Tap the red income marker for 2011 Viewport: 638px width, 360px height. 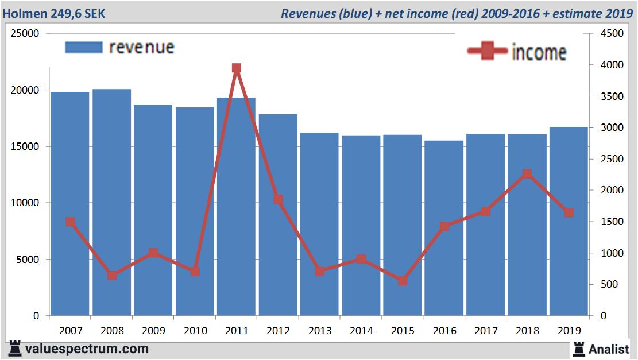click(237, 68)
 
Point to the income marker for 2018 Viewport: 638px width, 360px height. click(527, 174)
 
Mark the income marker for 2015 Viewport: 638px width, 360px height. click(403, 281)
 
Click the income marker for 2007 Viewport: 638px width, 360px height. click(70, 222)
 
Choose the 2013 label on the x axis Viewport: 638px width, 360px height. click(320, 331)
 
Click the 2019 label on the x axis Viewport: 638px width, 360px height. click(569, 331)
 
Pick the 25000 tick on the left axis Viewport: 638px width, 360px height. click(26, 34)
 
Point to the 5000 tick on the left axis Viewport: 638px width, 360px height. click(29, 260)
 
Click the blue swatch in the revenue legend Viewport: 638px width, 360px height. click(84, 47)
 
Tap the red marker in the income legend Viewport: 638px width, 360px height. click(488, 52)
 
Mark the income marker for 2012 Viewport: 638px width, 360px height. click(278, 200)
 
